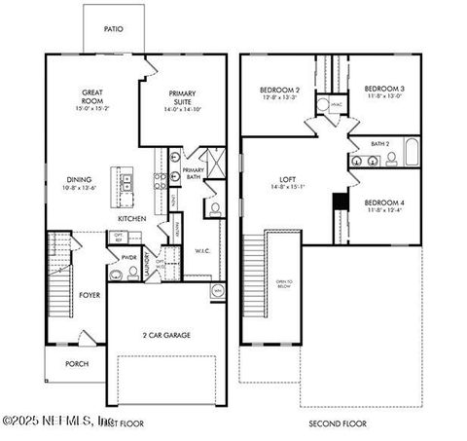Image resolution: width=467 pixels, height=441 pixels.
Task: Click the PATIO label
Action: click(115, 27)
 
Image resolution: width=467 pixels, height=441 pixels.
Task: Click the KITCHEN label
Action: click(132, 219)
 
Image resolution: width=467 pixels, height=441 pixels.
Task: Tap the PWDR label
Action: click(129, 257)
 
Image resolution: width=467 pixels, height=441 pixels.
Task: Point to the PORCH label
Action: click(76, 365)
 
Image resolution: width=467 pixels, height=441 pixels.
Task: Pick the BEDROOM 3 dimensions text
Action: click(385, 96)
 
